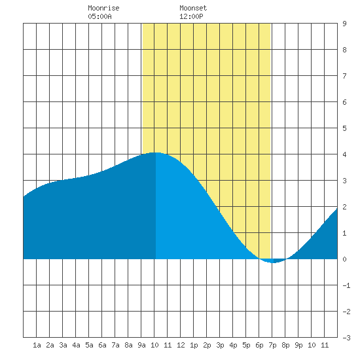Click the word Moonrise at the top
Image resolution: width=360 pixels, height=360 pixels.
103,8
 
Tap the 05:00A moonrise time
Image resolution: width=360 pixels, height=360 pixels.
99,16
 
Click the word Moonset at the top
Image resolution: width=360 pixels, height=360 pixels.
193,8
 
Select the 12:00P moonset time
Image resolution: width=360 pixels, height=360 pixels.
191,16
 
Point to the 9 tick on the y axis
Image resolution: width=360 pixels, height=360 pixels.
344,24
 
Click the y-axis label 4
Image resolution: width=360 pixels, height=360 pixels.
344,154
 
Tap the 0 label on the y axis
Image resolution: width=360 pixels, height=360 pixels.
344,259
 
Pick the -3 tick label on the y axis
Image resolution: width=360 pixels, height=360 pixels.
346,338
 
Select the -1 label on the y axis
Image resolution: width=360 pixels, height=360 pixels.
346,285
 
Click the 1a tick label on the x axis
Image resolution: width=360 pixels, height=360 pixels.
37,345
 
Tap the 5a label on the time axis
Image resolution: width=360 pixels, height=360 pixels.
89,345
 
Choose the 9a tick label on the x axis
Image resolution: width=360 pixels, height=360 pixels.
141,345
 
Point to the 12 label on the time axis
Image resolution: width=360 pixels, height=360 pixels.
181,345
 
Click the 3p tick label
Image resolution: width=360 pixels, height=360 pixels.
220,345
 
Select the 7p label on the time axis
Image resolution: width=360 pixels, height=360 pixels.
272,345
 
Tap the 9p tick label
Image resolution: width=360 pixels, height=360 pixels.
298,345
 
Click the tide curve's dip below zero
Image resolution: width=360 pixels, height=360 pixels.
273,262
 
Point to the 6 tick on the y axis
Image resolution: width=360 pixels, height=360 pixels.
344,102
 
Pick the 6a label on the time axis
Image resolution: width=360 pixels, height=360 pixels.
102,345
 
